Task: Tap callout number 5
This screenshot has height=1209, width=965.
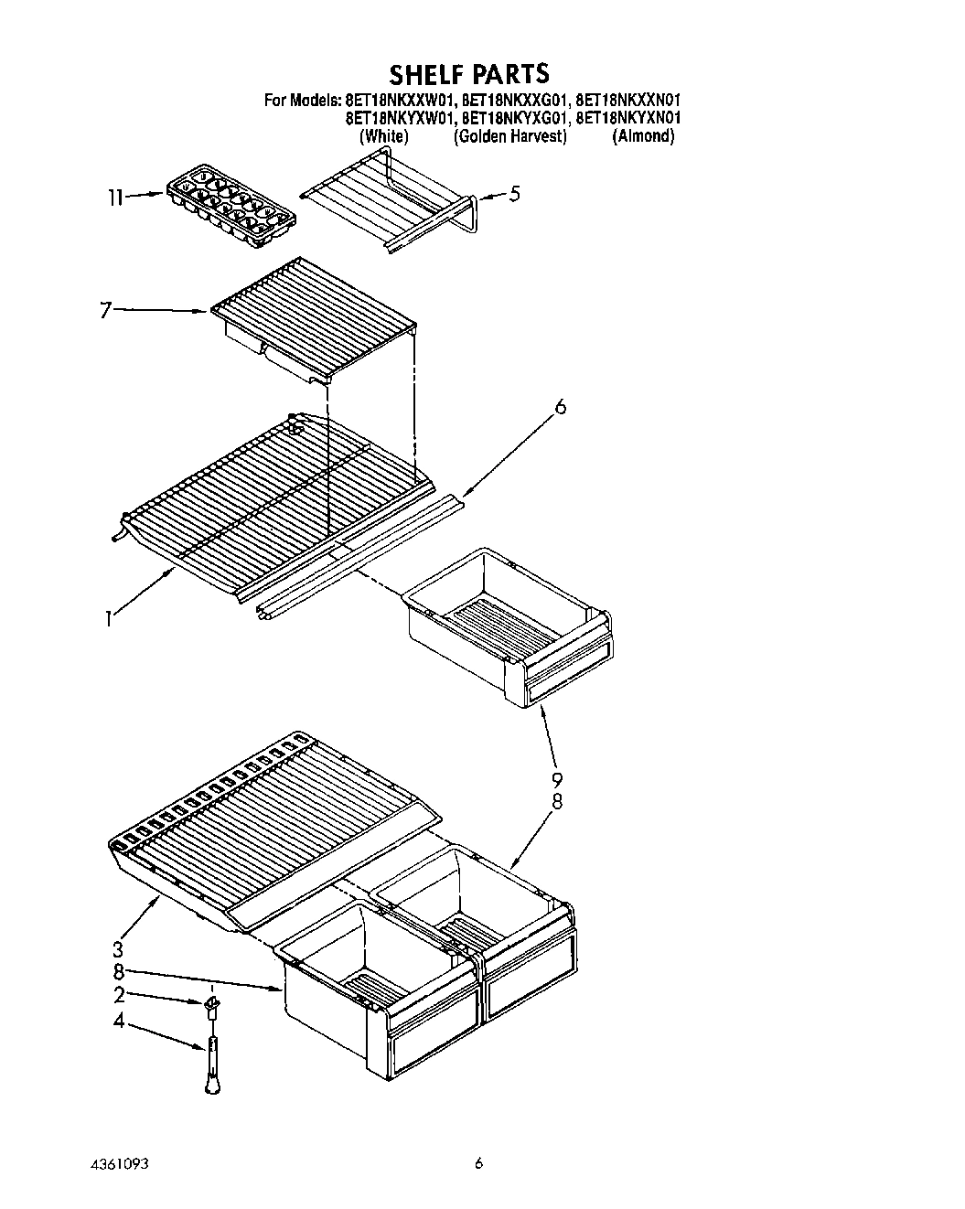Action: [515, 194]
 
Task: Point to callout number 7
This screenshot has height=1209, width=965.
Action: [106, 311]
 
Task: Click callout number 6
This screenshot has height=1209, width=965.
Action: [561, 406]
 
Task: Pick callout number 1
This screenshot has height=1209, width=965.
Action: [108, 619]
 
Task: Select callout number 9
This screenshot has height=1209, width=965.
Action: [556, 780]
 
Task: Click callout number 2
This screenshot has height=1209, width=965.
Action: [118, 995]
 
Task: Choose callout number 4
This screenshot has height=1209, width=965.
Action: [118, 1021]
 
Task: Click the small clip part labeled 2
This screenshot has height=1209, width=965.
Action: [212, 1007]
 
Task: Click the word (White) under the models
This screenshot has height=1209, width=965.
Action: [384, 136]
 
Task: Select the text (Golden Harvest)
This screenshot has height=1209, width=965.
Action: [510, 136]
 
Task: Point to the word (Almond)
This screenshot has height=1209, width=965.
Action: [643, 136]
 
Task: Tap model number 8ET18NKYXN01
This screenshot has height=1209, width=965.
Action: [628, 118]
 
